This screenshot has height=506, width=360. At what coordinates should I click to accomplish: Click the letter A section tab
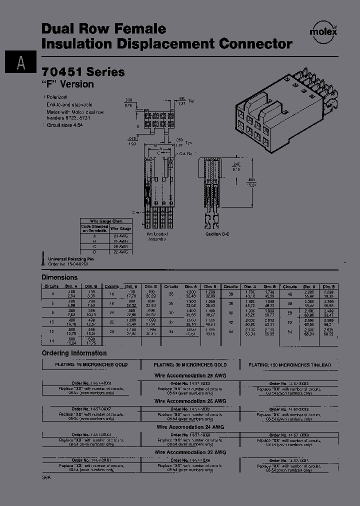pyautogui.click(x=20, y=62)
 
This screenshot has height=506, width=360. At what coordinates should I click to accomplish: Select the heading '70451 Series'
pyautogui.click(x=83, y=71)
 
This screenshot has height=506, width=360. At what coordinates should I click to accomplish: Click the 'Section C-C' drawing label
pyautogui.click(x=217, y=233)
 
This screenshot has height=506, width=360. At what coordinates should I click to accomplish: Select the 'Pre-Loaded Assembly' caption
pyautogui.click(x=157, y=236)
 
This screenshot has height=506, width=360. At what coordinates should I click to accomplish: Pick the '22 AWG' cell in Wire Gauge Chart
pyautogui.click(x=120, y=252)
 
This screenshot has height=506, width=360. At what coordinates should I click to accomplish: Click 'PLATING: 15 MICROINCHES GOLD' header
pyautogui.click(x=91, y=365)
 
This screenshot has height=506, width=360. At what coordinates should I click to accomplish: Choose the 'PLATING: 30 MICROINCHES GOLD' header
pyautogui.click(x=190, y=365)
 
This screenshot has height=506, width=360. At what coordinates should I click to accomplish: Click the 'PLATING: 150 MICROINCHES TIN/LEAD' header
pyautogui.click(x=290, y=365)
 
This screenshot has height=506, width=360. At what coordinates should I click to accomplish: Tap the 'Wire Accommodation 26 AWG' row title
pyautogui.click(x=190, y=401)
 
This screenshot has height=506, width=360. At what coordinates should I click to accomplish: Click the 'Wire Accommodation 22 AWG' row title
pyautogui.click(x=190, y=452)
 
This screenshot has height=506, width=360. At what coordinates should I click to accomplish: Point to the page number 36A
pyautogui.click(x=46, y=478)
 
